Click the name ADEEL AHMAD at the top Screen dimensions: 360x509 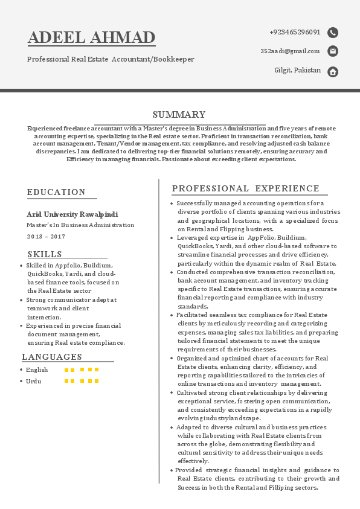(x=92, y=37)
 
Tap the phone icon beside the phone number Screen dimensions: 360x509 (x=333, y=33)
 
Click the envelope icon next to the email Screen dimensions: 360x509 (x=333, y=51)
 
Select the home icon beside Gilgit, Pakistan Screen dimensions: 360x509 (x=333, y=72)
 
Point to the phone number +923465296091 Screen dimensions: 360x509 (x=295, y=32)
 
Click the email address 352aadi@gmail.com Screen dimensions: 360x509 (x=290, y=51)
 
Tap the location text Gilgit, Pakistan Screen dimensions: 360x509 (x=297, y=71)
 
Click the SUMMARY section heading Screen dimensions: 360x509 (x=179, y=115)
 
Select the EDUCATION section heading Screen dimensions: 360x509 (x=56, y=192)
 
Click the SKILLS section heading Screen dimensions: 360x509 (x=45, y=254)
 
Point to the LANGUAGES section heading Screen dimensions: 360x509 (x=52, y=357)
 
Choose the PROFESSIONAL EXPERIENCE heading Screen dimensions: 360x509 (x=246, y=189)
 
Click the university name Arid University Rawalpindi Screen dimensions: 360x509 (x=72, y=214)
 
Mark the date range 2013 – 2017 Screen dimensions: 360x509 (x=46, y=236)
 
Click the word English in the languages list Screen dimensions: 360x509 (x=37, y=370)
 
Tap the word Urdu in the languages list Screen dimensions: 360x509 (x=33, y=382)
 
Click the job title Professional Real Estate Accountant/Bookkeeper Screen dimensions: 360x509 (x=111, y=59)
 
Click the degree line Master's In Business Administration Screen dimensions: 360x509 (x=80, y=225)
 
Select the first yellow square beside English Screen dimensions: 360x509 (x=66, y=370)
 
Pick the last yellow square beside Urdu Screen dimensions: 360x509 (x=97, y=382)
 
